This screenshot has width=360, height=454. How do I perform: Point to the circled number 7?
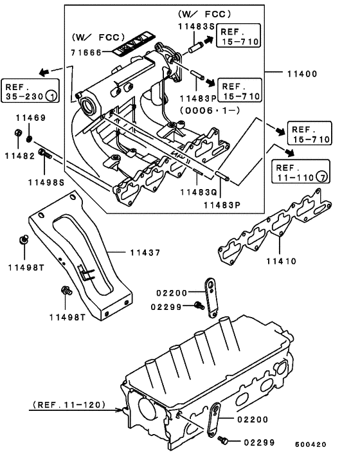323,176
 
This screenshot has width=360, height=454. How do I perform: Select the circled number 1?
52,96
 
